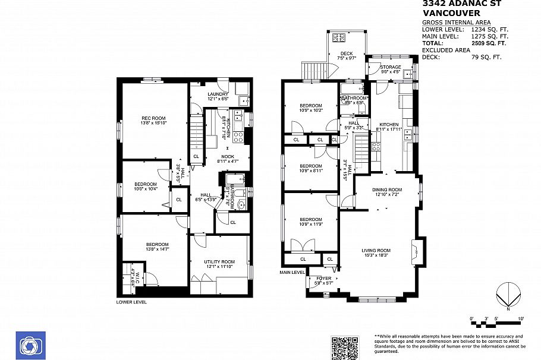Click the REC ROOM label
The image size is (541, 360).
coord(153,118)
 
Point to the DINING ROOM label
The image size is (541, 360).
coord(388,190)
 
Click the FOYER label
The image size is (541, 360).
coord(323,278)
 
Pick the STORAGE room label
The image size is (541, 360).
coord(391,67)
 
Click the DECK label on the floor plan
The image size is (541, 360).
coord(346,54)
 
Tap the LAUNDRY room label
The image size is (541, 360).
coord(218,94)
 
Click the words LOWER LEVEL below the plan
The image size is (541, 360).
coord(131,302)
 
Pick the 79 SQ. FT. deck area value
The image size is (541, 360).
coord(486,58)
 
